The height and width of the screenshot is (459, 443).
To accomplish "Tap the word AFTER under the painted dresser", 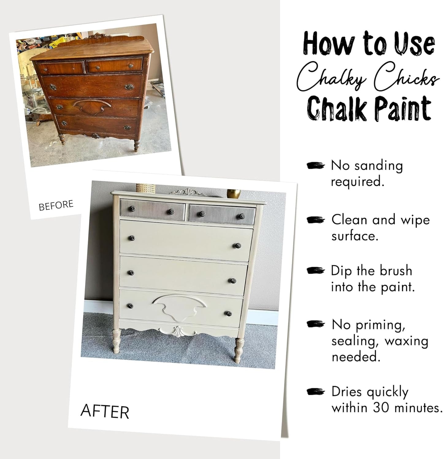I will [105, 412].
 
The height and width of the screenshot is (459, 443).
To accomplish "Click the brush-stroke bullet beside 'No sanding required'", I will [315, 166].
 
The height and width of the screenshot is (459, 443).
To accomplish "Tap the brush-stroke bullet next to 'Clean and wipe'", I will [315, 220].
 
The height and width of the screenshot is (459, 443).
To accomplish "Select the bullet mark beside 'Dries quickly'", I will [315, 392].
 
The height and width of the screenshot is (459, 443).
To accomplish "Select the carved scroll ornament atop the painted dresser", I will [187, 192].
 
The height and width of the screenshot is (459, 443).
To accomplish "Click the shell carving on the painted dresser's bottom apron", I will [178, 332].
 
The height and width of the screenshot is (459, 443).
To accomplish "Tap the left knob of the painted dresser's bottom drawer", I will [130, 306].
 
